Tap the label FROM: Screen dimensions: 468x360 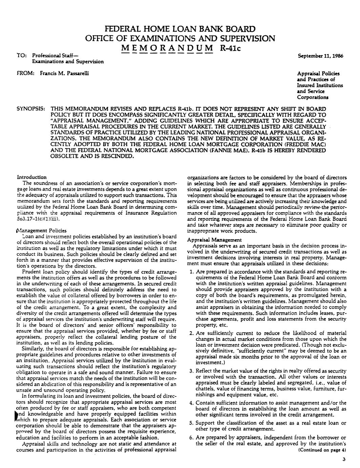click(24, 73)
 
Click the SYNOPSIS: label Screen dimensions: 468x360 click(32, 109)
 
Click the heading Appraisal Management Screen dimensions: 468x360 click(214, 240)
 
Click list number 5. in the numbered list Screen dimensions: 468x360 click(191, 423)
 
